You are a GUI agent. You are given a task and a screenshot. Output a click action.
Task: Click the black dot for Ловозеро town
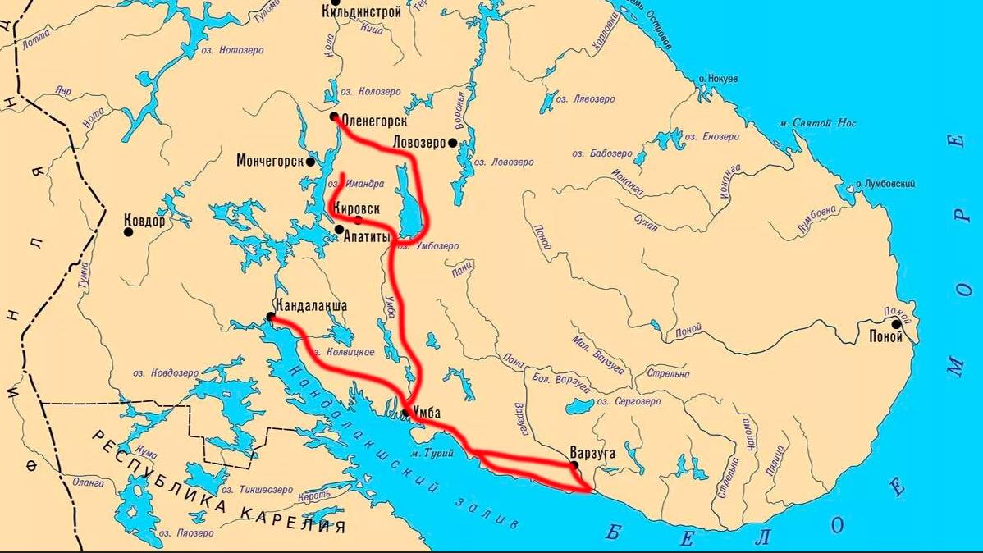coord(452,143)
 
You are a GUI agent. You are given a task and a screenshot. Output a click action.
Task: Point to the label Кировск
coord(356,209)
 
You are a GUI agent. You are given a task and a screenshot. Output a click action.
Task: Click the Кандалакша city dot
coord(271,316)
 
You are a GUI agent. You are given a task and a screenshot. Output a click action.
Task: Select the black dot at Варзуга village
coord(574,465)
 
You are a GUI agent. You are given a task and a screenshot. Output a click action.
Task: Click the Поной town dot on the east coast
coord(896,324)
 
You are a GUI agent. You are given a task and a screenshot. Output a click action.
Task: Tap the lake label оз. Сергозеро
coord(629,402)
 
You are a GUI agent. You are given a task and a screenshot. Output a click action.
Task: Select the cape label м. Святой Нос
coord(818,123)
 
